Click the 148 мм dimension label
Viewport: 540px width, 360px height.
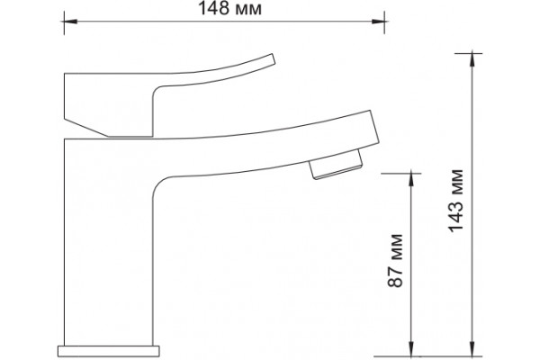[x=229, y=9]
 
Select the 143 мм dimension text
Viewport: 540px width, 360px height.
[x=456, y=201]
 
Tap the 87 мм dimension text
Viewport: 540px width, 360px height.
[x=395, y=260]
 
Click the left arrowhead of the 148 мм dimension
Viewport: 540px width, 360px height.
[x=70, y=22]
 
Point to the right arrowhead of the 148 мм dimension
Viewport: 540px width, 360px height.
[x=378, y=22]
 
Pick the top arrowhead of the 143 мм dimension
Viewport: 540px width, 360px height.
[x=472, y=60]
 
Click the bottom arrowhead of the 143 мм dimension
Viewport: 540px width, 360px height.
[x=472, y=349]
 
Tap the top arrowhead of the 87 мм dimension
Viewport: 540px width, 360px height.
[x=410, y=180]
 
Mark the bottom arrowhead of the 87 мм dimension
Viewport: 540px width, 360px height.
[x=410, y=349]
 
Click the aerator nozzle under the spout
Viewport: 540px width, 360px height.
[x=336, y=164]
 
